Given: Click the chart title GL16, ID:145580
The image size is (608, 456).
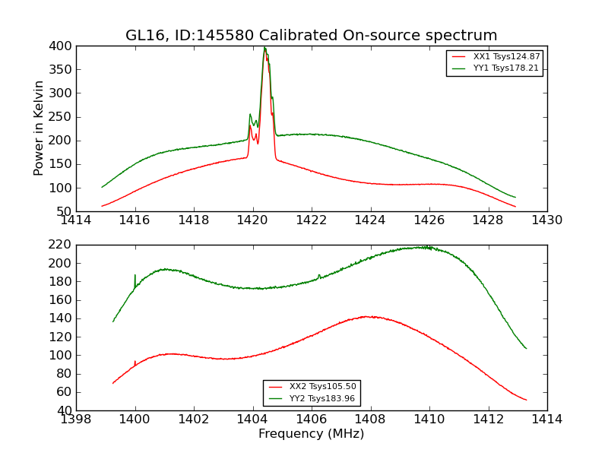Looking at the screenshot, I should tap(311, 36).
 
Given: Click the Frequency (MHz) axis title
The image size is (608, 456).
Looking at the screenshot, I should tap(311, 434).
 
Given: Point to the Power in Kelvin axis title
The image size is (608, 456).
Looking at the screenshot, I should tap(39, 128).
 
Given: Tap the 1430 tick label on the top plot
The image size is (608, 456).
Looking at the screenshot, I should tap(546, 220).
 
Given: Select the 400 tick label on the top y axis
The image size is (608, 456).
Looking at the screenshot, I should tap(61, 46).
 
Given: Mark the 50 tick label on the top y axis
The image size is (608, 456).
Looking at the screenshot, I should tap(64, 211).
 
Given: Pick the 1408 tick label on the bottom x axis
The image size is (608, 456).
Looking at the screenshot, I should tap(370, 419).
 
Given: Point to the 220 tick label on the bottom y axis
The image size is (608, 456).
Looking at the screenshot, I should tap(61, 245).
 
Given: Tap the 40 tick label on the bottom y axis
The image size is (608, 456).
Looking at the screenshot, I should tap(64, 410).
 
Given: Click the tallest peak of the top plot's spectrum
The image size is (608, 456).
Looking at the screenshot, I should tap(264, 49).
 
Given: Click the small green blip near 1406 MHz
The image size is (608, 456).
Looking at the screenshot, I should tap(319, 275).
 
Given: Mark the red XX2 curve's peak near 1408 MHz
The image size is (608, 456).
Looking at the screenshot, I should tap(366, 316).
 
